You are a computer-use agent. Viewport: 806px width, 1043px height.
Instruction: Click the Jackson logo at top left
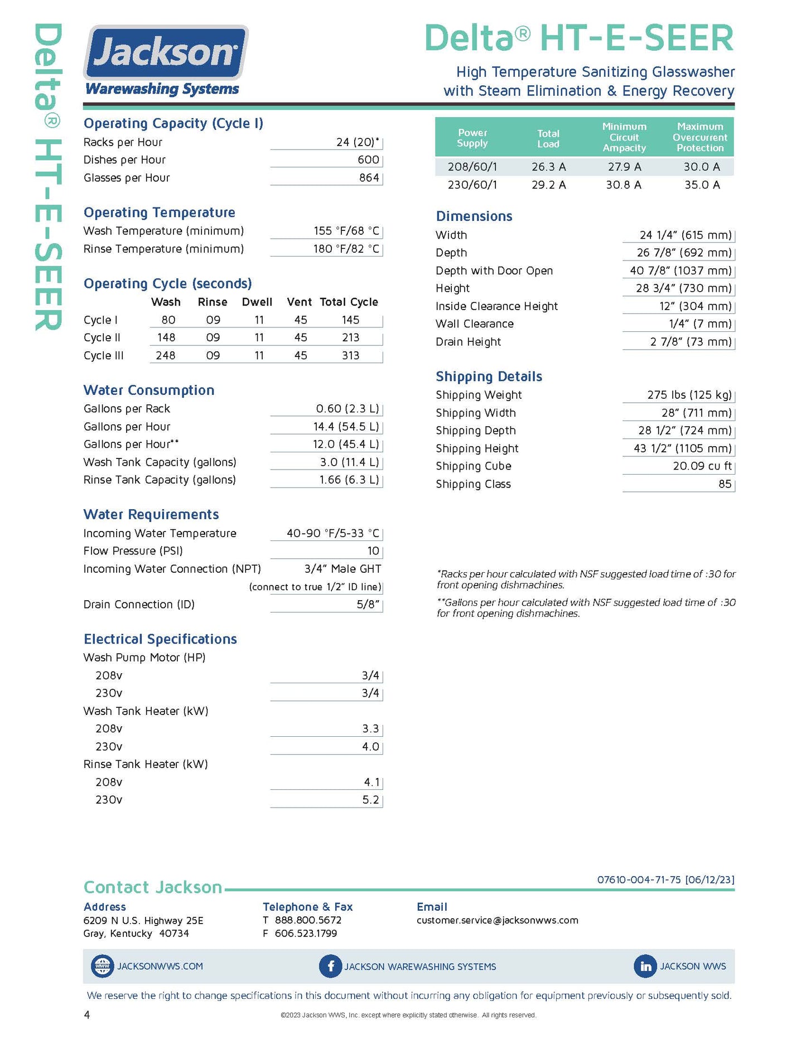[x=165, y=60]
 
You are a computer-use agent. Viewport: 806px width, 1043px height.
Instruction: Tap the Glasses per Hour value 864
[x=369, y=178]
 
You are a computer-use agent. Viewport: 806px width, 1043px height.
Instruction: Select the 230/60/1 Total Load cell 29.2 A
[x=548, y=185]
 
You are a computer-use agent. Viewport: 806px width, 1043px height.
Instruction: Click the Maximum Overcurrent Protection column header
[x=699, y=137]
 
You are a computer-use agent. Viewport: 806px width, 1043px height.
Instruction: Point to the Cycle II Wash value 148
[x=166, y=337]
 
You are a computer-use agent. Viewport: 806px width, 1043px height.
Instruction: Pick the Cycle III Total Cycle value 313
[x=350, y=355]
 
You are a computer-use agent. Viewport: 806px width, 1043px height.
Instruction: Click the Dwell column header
[x=257, y=302]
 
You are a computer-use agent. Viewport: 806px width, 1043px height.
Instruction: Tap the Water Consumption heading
[x=149, y=390]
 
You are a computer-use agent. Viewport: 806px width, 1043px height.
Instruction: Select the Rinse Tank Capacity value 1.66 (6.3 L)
[x=349, y=480]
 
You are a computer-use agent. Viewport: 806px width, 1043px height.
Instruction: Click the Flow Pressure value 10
[x=373, y=551]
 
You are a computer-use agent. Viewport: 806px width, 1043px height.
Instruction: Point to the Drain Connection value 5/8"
[x=368, y=605]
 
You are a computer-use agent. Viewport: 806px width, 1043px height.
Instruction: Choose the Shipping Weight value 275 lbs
[x=689, y=395]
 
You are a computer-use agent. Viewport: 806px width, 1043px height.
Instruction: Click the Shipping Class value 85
[x=725, y=484]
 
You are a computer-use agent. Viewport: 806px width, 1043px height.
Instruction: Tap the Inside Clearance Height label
[x=496, y=306]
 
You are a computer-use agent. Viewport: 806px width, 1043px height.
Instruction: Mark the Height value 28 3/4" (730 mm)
[x=683, y=288]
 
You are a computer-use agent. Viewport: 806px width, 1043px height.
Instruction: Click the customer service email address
[x=497, y=920]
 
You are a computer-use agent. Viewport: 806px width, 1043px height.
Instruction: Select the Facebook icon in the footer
[x=330, y=966]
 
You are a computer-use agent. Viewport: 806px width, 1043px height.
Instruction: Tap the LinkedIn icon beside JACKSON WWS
[x=645, y=966]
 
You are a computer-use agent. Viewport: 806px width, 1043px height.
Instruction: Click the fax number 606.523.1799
[x=306, y=933]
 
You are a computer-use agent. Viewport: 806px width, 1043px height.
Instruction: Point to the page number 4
[x=86, y=1015]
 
